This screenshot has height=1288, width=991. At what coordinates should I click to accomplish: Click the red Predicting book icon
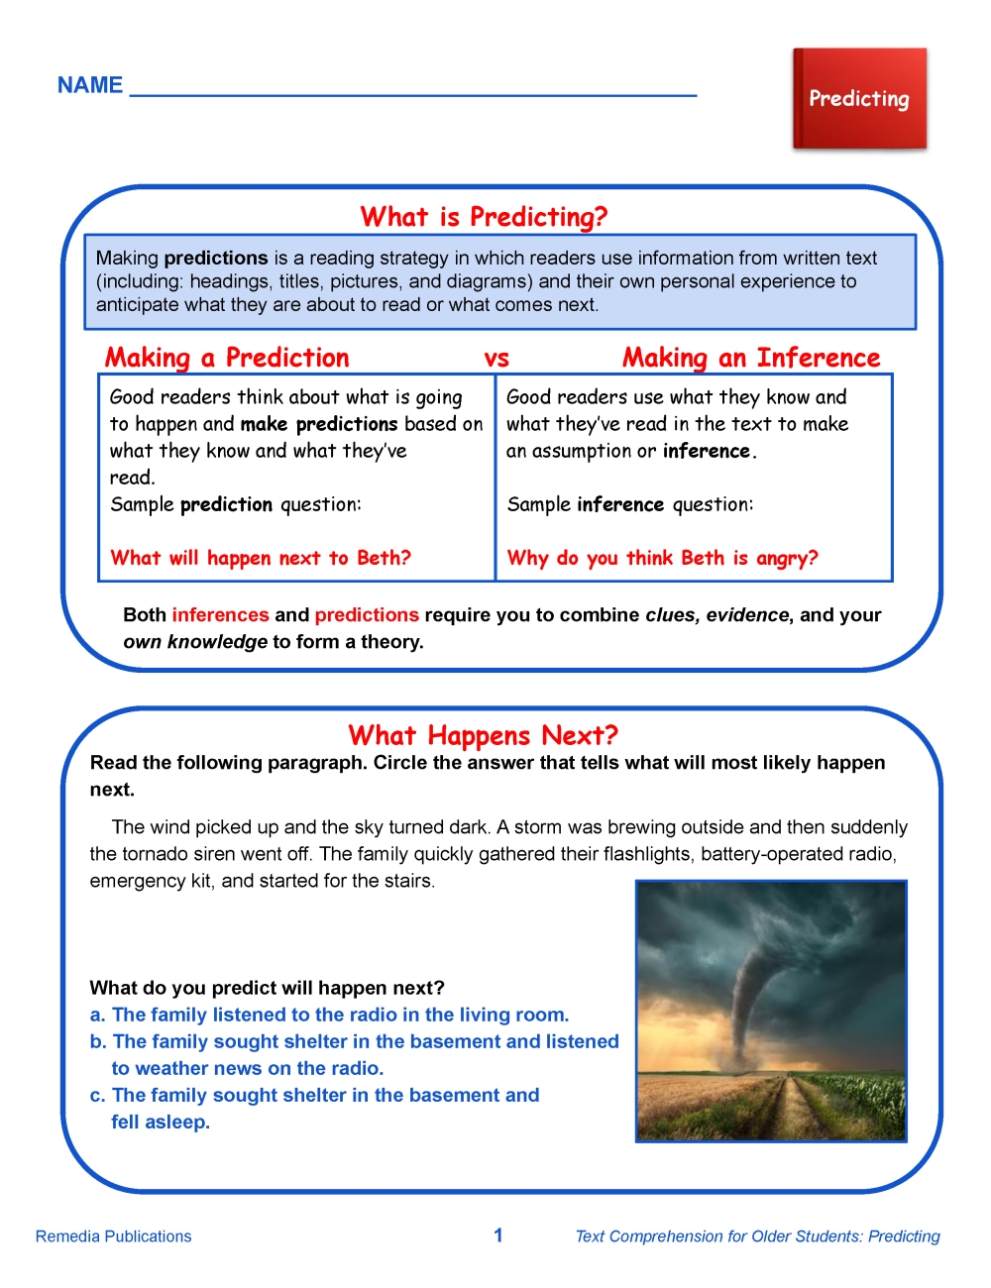pos(859,99)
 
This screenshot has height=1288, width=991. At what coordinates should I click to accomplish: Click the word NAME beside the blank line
pos(90,85)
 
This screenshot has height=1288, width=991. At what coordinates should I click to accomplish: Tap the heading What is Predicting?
pos(484,217)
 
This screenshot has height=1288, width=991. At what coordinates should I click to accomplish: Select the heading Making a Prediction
pos(227,358)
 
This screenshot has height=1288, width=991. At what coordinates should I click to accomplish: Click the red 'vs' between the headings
pos(496,359)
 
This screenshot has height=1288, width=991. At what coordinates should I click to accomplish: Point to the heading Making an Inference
pos(751,358)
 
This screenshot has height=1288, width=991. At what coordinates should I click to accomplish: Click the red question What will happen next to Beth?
pos(261,558)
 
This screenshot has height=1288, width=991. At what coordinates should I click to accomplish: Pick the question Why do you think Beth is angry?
pos(662,558)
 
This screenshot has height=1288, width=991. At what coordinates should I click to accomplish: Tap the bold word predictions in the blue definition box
pos(216,258)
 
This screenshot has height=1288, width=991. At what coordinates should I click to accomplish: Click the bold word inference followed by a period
pos(707,451)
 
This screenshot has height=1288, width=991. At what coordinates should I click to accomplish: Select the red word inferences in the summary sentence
pos(220,614)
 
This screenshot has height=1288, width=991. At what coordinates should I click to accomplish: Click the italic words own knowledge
pos(195,641)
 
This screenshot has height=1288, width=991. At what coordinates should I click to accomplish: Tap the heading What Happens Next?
pos(483,735)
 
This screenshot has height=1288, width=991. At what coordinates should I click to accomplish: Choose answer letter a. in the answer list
pos(97,1015)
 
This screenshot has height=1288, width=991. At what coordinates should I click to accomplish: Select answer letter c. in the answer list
pos(97,1095)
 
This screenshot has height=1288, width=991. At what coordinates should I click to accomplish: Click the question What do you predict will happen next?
pos(267,988)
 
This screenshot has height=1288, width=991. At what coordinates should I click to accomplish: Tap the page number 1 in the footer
pos(498,1234)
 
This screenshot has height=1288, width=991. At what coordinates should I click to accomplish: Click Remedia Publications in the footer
pos(113,1236)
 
